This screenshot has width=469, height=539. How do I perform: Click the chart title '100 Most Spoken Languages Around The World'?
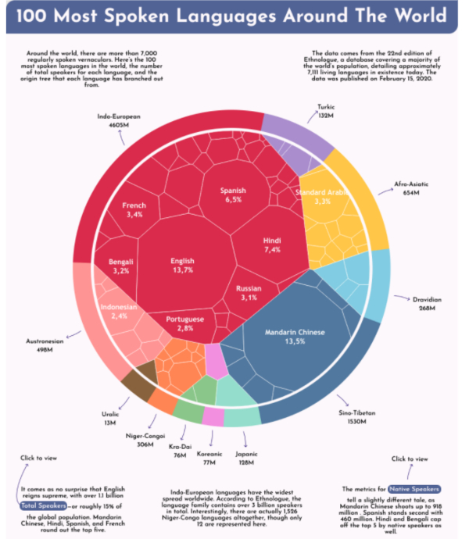click(x=234, y=17)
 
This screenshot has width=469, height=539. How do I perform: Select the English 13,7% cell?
click(x=183, y=265)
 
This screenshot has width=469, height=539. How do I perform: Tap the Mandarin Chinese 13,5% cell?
click(x=294, y=335)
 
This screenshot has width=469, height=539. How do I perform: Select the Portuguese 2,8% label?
click(x=185, y=323)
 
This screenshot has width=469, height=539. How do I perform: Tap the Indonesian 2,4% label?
click(x=119, y=312)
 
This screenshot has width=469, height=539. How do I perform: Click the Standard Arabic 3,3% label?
click(x=321, y=196)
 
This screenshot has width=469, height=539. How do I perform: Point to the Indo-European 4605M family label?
click(x=119, y=120)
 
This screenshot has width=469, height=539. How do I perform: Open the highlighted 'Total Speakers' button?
click(x=41, y=506)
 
